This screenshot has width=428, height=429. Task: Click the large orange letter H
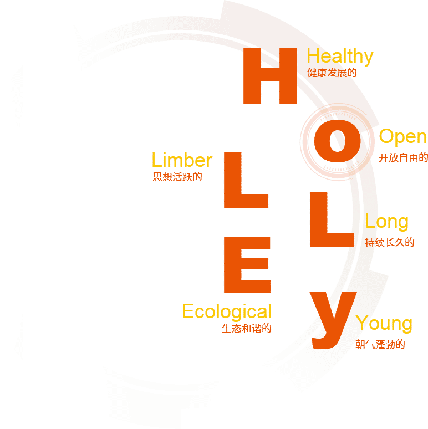click(x=269, y=76)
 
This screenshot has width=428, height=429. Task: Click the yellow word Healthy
click(x=339, y=57)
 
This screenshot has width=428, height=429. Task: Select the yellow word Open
click(x=402, y=137)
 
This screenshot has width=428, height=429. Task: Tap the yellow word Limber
click(x=182, y=161)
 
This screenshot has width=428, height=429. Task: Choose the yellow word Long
click(x=386, y=222)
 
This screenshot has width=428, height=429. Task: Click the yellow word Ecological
click(x=227, y=311)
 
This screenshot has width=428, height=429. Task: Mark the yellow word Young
click(x=384, y=323)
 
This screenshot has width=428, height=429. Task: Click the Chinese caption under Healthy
click(x=332, y=73)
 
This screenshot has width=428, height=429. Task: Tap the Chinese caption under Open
click(x=403, y=157)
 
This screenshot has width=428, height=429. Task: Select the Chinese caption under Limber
click(x=177, y=177)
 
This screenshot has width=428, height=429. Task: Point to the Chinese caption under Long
click(x=389, y=242)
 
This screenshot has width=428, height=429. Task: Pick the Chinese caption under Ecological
click(x=247, y=328)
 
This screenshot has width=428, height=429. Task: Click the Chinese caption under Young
click(x=380, y=345)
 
